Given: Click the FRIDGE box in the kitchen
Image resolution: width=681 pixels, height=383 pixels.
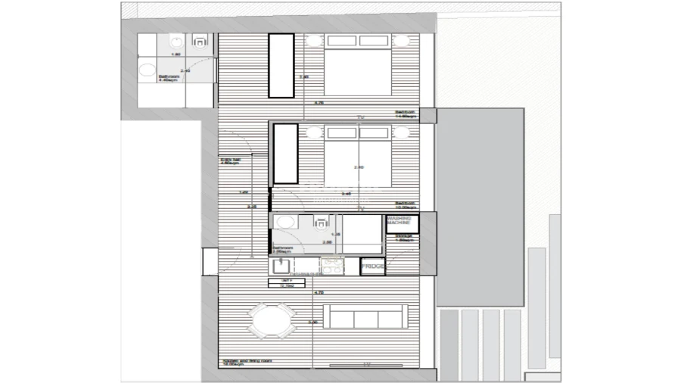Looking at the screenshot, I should [372, 266].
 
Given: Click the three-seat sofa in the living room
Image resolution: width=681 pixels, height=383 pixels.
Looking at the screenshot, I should [365, 316].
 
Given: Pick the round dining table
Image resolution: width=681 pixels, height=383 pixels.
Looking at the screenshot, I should [272, 320].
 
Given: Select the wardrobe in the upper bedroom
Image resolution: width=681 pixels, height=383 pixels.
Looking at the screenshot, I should [281, 65].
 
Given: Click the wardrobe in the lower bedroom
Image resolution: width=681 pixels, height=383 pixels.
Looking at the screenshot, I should [285, 154].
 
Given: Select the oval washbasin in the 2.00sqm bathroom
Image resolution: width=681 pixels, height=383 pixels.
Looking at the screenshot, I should [286, 222].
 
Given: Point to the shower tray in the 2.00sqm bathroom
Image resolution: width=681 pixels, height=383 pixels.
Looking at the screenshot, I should [362, 234].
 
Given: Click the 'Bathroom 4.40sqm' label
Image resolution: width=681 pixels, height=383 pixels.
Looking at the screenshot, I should [168, 78].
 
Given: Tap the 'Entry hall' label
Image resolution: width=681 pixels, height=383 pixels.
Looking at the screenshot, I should [229, 160].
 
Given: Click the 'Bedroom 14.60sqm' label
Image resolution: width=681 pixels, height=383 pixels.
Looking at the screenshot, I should [406, 114].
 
